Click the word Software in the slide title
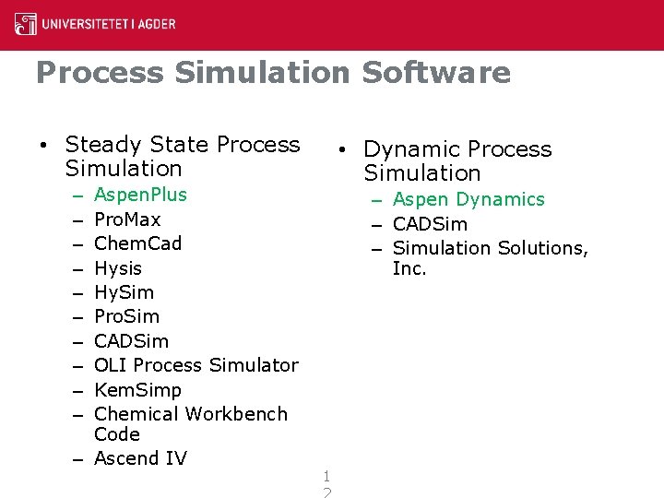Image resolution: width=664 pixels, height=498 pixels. [x=435, y=73]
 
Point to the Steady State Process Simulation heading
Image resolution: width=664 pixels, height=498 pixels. [x=183, y=157]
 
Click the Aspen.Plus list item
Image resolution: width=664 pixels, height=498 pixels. [x=140, y=195]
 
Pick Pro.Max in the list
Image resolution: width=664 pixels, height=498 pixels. [x=127, y=219]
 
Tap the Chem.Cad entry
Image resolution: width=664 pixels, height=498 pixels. [x=137, y=243]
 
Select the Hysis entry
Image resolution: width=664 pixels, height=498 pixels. [x=118, y=268]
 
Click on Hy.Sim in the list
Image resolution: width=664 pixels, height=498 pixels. [x=124, y=292]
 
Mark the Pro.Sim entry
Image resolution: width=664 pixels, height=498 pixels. [x=126, y=316]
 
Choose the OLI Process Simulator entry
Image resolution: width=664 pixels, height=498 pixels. [x=196, y=365]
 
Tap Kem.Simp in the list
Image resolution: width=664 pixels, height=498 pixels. [x=137, y=390]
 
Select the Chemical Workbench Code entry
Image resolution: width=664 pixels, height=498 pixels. [x=190, y=423]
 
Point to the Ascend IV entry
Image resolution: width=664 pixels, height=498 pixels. [x=140, y=458]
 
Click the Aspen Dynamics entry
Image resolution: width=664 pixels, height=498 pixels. [x=468, y=199]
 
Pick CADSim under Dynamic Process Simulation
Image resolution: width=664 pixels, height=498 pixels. [x=430, y=224]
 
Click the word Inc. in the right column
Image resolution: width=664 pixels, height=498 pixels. [x=409, y=268]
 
